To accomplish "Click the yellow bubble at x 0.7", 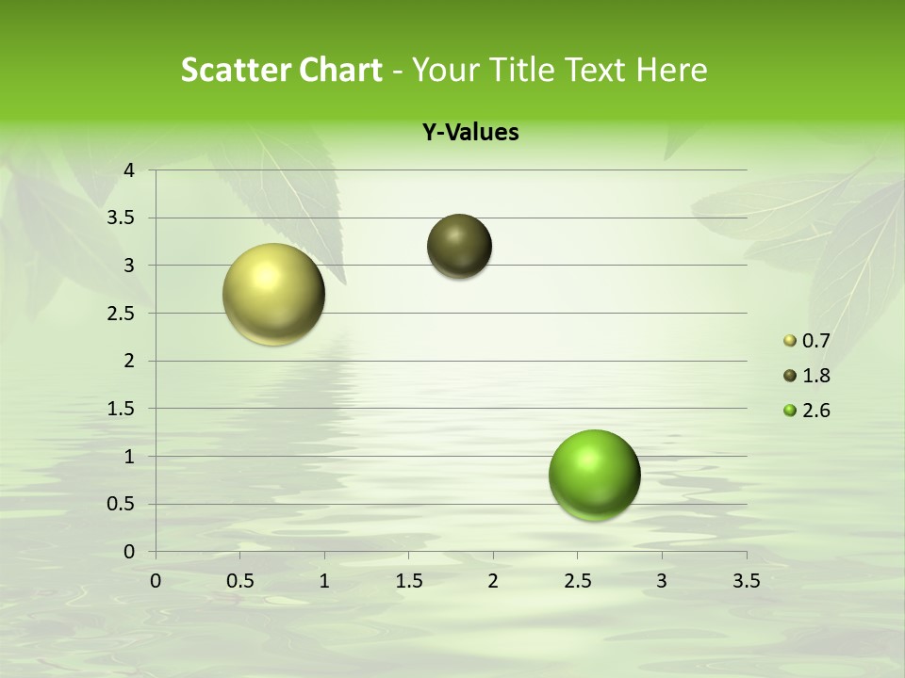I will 274,294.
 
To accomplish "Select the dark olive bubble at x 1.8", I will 460,246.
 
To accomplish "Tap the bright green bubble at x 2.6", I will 594,475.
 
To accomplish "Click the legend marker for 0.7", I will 790,341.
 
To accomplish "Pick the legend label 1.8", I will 815,376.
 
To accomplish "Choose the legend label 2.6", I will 815,411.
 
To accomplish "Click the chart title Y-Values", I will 470,133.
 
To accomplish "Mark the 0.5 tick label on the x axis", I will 240,581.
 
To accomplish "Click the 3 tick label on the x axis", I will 662,581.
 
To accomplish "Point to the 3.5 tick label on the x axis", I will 746,581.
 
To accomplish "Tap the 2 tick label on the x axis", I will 493,581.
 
